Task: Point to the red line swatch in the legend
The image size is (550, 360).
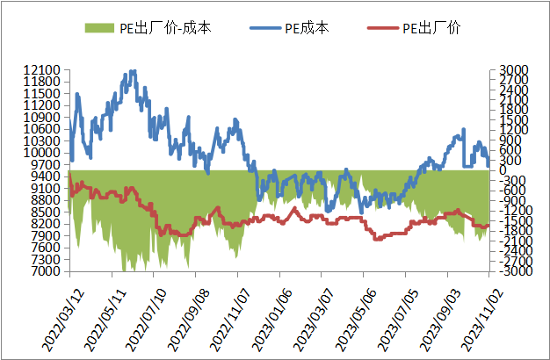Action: (383, 28)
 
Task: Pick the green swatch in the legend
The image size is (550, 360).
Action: (100, 28)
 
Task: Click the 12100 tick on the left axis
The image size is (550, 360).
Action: (43, 69)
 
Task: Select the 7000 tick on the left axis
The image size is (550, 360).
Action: (47, 271)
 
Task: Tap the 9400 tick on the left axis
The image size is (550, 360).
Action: (47, 176)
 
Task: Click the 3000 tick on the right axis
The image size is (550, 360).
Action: (513, 69)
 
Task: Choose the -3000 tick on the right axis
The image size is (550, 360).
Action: (511, 271)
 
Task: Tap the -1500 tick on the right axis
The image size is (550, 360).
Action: (511, 221)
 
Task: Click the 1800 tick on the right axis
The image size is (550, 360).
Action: (513, 110)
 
